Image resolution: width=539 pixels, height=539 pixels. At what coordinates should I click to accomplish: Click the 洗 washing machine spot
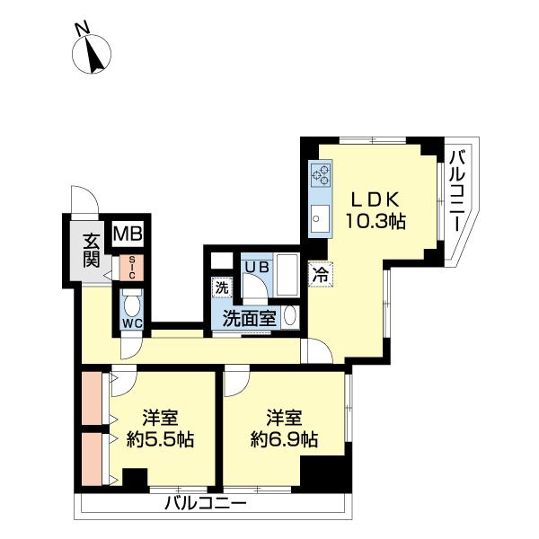[x=220, y=288]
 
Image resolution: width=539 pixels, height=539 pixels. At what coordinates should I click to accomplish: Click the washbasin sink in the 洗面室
[x=289, y=316]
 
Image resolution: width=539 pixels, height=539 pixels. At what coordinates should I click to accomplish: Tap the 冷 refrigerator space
[x=320, y=277]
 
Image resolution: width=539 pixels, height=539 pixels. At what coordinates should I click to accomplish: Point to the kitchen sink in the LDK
[x=320, y=216]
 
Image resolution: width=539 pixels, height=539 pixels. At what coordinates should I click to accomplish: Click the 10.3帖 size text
[x=378, y=220]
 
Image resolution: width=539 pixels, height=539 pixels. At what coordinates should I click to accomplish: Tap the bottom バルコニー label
[x=205, y=504]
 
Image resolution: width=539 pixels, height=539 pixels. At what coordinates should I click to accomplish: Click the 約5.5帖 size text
[x=161, y=440]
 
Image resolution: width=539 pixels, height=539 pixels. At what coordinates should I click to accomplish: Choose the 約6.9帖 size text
[x=283, y=440]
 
